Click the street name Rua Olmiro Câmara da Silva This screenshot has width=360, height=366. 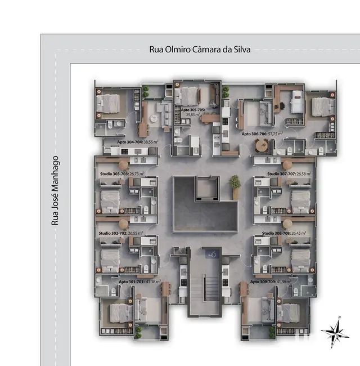[199, 49]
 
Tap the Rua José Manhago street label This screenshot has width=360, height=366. [55, 190]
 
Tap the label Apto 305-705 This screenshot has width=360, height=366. [193, 110]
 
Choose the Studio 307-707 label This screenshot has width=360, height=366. [281, 175]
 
